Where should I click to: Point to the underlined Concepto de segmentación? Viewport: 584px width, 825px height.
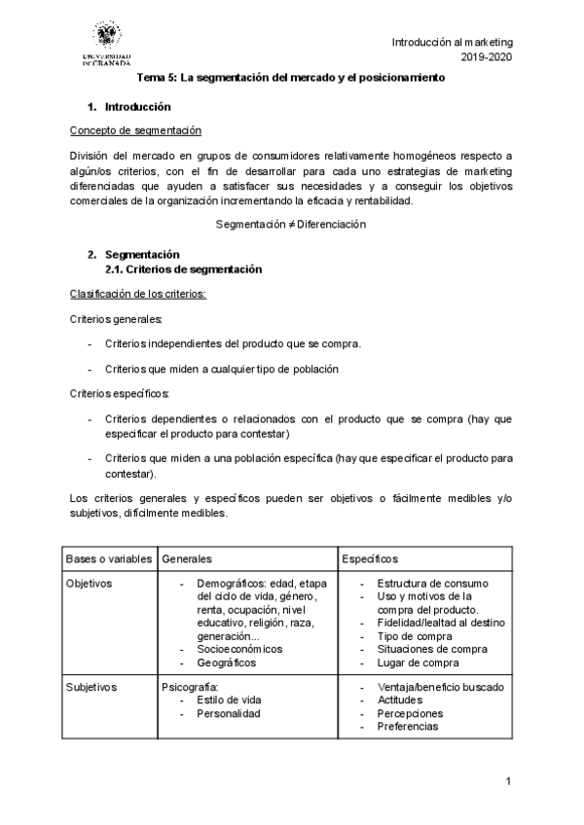(135, 130)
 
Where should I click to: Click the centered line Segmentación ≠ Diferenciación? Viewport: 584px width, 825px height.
(291, 224)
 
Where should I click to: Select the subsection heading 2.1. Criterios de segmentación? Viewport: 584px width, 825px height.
(184, 269)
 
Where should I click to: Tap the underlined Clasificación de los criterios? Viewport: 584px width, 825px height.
(138, 294)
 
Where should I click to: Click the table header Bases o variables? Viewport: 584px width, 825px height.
(109, 559)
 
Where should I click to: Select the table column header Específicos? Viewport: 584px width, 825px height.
(370, 559)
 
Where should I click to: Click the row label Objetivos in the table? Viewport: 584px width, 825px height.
(90, 584)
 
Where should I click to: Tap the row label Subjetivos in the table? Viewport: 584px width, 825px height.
(91, 687)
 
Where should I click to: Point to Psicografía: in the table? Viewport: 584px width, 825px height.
(192, 687)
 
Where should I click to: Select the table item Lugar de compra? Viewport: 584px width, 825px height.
(418, 663)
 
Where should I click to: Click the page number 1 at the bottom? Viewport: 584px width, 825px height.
(509, 781)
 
